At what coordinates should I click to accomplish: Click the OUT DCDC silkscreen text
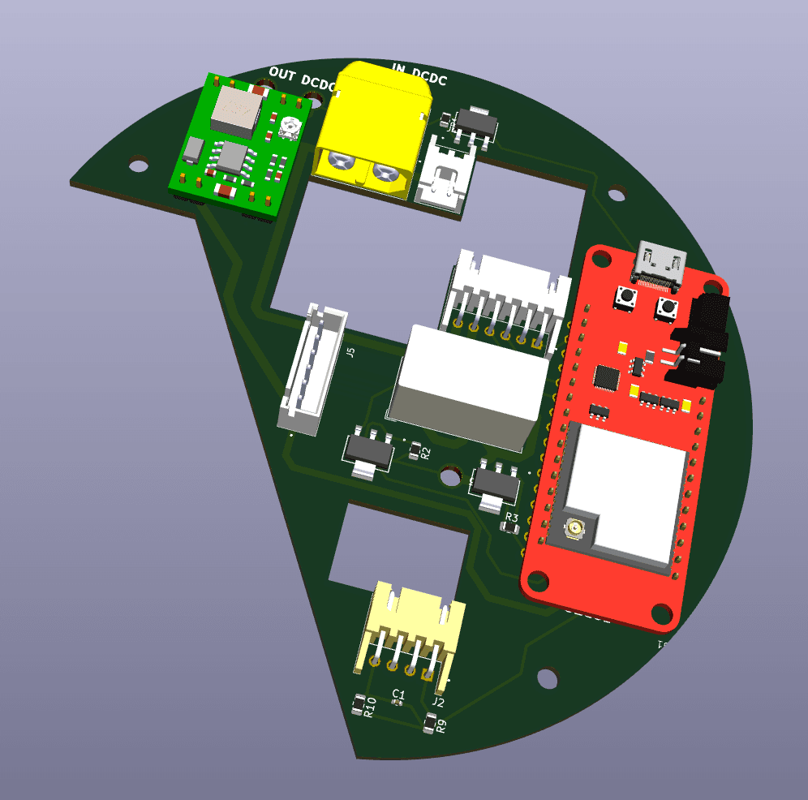[301, 79]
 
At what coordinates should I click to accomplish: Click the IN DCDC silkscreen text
[420, 73]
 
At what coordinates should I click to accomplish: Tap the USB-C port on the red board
[662, 264]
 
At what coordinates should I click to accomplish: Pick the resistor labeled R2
[415, 449]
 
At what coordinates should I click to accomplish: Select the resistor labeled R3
[510, 528]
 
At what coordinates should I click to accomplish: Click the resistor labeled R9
[429, 721]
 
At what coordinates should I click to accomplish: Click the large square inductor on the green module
[235, 110]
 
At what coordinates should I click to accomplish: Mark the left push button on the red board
[625, 298]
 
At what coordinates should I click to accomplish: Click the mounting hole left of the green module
[139, 163]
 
